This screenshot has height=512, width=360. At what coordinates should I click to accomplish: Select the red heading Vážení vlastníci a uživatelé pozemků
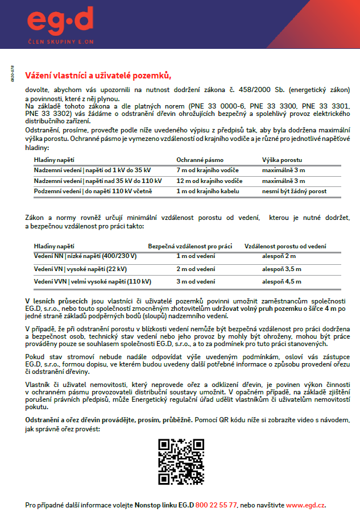coord(98,76)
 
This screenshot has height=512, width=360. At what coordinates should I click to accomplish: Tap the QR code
coord(180,461)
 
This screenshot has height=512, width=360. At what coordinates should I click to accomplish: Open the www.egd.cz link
coord(305,505)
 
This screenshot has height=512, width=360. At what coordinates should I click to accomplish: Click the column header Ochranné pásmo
coord(200,160)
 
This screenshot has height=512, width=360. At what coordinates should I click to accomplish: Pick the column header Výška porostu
coord(282,160)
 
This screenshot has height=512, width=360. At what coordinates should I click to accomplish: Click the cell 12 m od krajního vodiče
coord(209,181)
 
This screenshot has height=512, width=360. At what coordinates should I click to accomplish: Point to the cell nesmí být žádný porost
coord(294,192)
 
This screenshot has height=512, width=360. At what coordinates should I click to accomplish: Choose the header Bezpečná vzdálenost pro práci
coord(190,246)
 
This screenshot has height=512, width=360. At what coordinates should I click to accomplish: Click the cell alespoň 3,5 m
coord(278,269)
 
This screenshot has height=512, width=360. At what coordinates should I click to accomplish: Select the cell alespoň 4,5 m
coord(278,281)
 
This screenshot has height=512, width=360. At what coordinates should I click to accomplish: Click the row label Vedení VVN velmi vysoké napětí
coord(92,281)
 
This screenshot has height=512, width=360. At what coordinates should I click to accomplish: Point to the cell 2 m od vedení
coord(195,269)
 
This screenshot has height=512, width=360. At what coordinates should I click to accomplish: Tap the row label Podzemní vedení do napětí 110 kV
coord(93,192)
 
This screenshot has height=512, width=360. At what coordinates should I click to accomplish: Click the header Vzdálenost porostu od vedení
coord(285,246)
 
